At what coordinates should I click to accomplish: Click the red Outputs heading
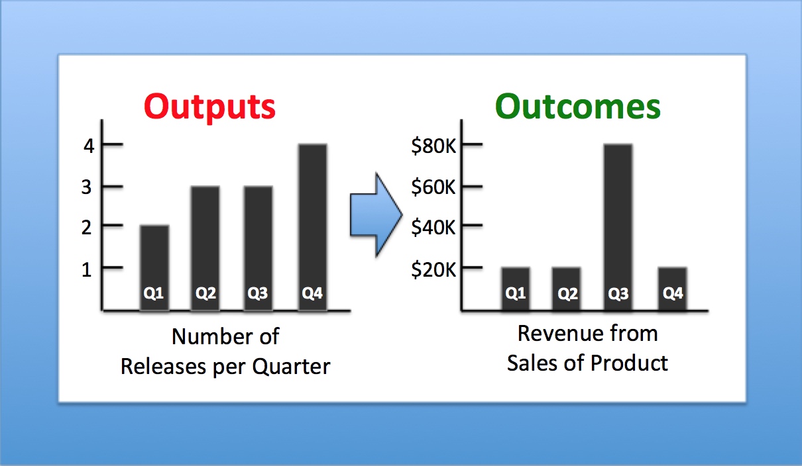(x=209, y=106)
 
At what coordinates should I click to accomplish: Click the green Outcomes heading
(x=577, y=106)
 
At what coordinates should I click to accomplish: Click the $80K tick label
(x=433, y=146)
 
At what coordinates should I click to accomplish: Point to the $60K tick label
(x=433, y=187)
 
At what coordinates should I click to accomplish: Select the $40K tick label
(x=433, y=227)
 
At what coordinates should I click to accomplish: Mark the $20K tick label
(x=433, y=269)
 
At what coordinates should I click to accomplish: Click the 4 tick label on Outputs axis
(x=89, y=146)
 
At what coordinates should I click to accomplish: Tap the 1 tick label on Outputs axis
(x=89, y=269)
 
